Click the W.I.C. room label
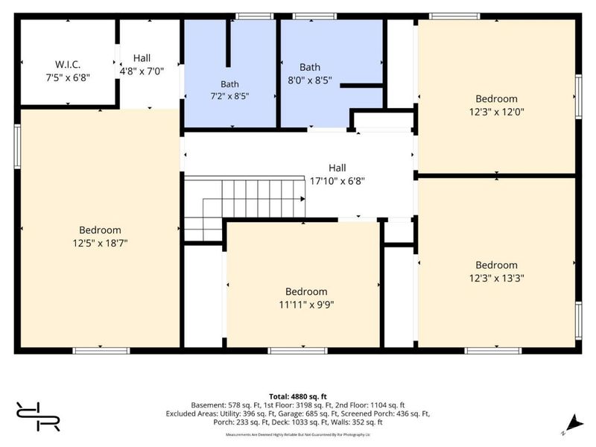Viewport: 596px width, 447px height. (x=68, y=64)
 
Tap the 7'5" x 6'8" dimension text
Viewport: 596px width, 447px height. (x=68, y=77)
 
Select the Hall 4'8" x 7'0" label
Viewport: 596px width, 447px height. (x=142, y=65)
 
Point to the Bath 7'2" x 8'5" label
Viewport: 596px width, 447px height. (x=229, y=90)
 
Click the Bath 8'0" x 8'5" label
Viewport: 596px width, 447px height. (x=310, y=74)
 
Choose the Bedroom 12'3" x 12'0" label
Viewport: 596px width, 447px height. (x=496, y=105)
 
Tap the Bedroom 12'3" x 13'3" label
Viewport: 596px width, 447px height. (x=496, y=271)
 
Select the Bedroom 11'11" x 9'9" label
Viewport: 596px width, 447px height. (x=306, y=298)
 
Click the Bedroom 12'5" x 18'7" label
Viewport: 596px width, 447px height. (x=100, y=236)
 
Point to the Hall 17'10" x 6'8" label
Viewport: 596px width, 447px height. (x=337, y=174)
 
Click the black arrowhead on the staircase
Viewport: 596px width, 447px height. (x=303, y=199)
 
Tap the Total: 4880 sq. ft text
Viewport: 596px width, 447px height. (x=298, y=397)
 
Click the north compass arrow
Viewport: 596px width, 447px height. (x=574, y=424)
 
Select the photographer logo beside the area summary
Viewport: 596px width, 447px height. (x=38, y=416)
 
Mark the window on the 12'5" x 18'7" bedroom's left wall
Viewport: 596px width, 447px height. (x=17, y=146)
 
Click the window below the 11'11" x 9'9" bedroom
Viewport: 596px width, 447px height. (x=297, y=350)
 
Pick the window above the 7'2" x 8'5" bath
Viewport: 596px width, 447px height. (x=254, y=16)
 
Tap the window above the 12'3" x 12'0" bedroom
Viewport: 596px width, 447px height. (x=454, y=16)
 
